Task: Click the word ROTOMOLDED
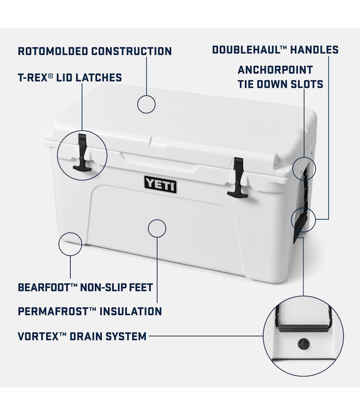(x=50, y=51)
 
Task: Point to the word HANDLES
(x=313, y=50)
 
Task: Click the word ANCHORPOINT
(x=275, y=70)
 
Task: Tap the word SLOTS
(x=305, y=85)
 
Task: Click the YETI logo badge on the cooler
(x=161, y=184)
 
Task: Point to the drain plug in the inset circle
(x=304, y=344)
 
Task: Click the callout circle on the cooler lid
(x=146, y=103)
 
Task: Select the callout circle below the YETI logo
(x=157, y=229)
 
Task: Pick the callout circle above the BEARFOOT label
(x=70, y=243)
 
